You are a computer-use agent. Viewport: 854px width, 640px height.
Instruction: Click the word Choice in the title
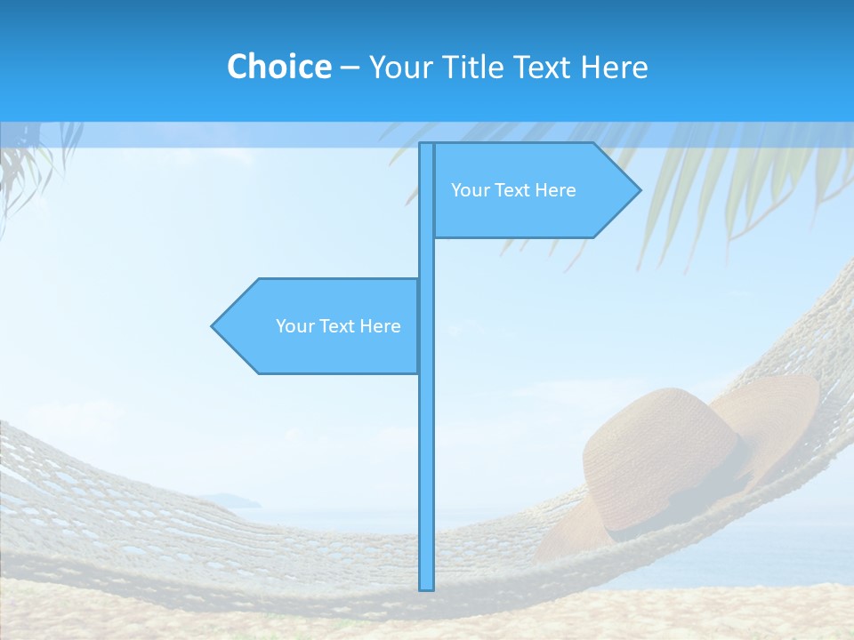278,67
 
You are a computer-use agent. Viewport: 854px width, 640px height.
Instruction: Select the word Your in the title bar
400,67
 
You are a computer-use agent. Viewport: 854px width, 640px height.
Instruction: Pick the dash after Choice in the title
350,68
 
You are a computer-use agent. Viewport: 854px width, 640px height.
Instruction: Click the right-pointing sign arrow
534,190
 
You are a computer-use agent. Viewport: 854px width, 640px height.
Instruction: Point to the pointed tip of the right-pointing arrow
639,190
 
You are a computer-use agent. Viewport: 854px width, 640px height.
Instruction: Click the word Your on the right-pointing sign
469,190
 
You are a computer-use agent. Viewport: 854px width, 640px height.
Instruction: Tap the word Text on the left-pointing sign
337,326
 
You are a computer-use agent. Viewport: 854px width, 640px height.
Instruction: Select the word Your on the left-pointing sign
294,326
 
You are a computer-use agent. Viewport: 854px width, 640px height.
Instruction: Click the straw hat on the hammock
676,462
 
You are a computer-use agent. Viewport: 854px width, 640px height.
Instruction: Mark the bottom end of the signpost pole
426,587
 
